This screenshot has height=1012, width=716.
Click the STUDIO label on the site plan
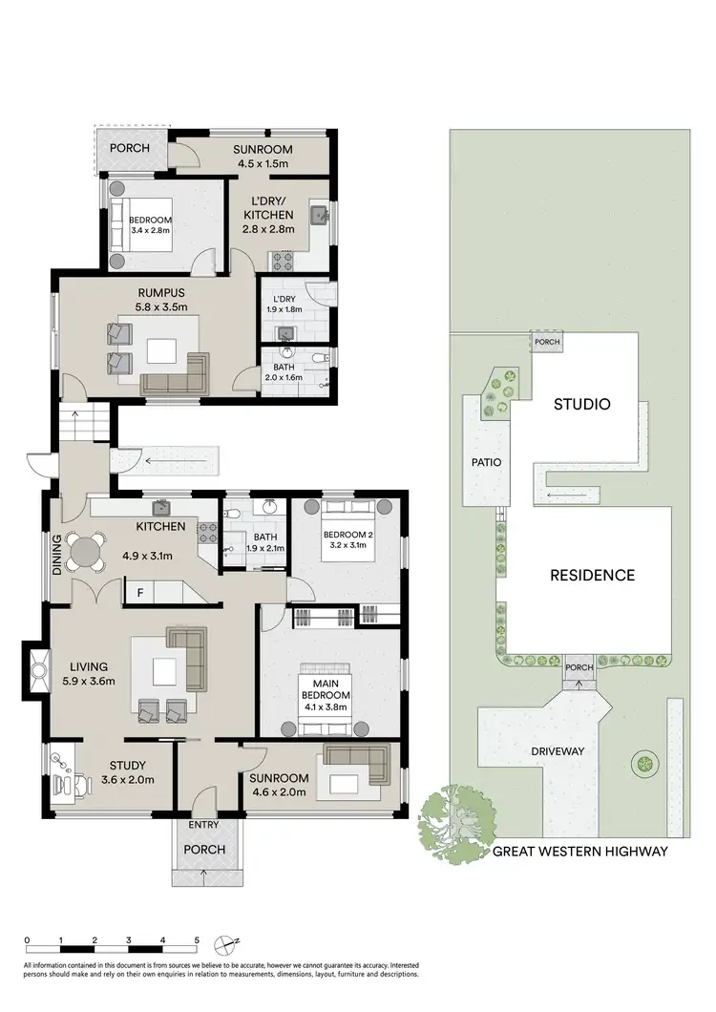click(581, 404)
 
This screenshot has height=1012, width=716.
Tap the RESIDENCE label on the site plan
click(592, 575)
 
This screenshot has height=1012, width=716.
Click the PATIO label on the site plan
click(485, 462)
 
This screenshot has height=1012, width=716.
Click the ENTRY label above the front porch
click(204, 824)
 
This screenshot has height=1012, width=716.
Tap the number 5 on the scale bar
click(197, 940)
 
